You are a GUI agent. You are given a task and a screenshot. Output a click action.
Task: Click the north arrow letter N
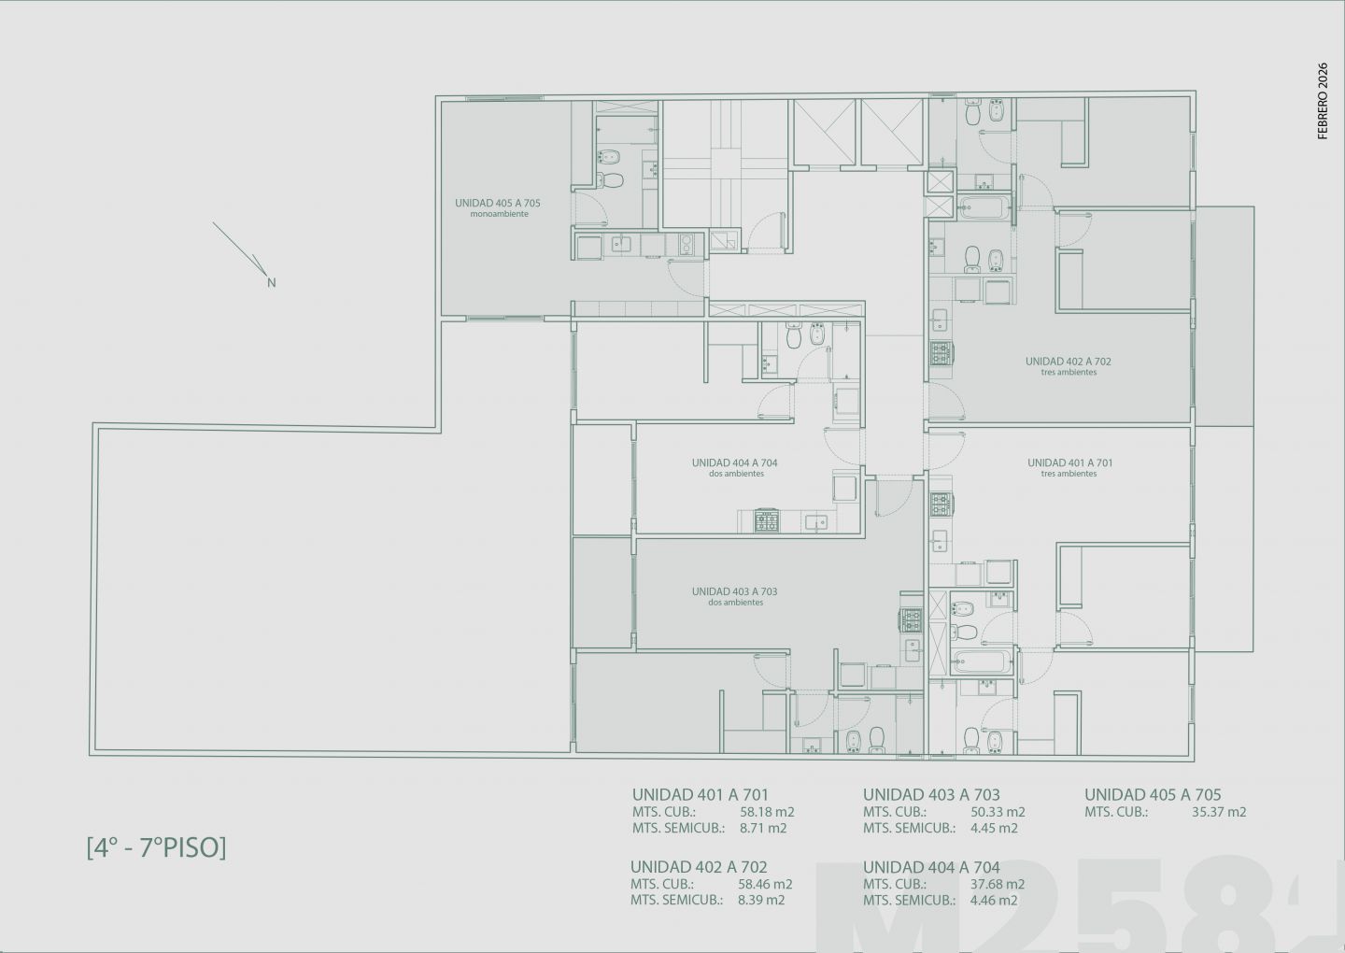coord(272,283)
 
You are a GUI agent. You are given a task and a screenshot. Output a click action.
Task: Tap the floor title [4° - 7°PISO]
coord(157,848)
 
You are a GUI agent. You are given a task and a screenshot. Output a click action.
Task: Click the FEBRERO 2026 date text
coord(1323,101)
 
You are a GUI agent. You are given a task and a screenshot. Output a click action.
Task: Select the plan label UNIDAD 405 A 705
coord(498,203)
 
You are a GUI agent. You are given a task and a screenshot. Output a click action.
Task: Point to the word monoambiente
coord(500,214)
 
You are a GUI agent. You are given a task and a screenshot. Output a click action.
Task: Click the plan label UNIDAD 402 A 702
coord(1069,362)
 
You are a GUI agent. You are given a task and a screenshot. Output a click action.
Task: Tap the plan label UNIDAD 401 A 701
coord(1070,463)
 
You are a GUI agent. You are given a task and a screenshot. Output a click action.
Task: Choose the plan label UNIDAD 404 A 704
coord(734,463)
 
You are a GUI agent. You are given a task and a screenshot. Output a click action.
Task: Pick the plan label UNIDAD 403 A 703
coord(734,591)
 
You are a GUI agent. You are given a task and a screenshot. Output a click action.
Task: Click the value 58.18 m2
coord(767,812)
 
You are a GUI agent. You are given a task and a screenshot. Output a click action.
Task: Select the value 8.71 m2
coord(763,828)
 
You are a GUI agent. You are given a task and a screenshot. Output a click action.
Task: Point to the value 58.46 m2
coord(765,884)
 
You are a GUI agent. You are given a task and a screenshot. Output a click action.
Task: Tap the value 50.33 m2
coord(998,812)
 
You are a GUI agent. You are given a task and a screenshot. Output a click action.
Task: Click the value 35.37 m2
coord(1219,812)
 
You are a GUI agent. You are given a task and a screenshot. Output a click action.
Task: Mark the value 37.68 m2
coord(998,884)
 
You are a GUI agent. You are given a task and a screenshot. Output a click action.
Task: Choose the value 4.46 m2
coord(994,900)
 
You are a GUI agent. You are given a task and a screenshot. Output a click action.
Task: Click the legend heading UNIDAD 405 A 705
coord(1153,794)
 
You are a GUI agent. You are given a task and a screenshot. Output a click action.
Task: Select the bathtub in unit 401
coord(981,661)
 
